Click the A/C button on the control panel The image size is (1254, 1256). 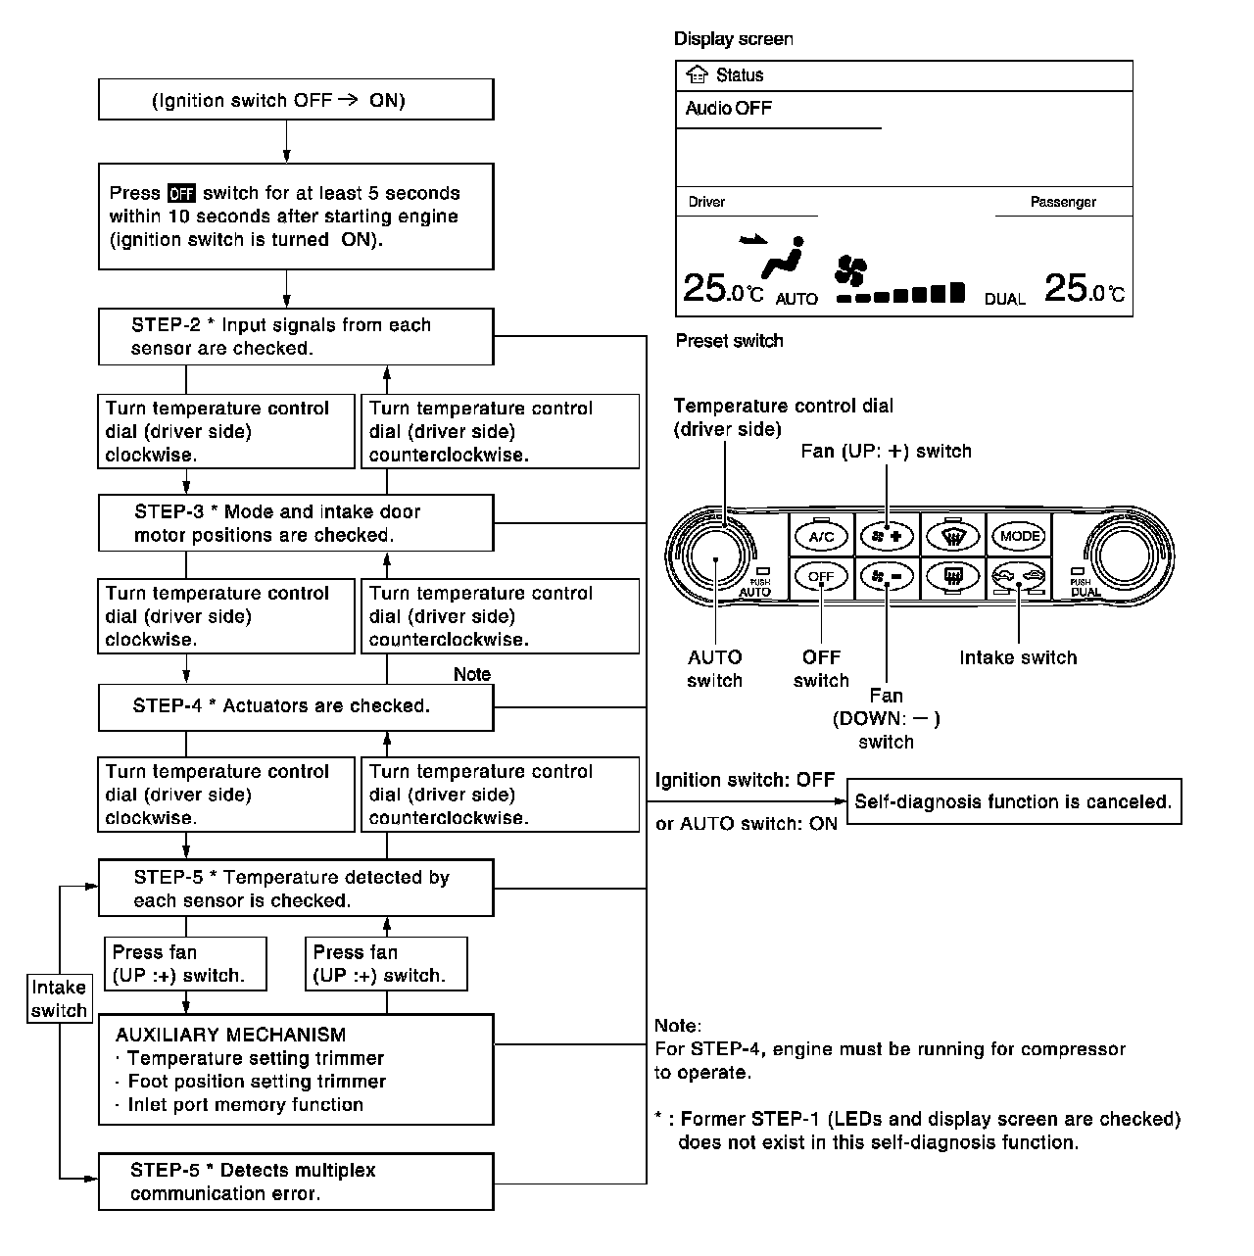pos(821,536)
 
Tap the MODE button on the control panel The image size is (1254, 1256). pos(1019,536)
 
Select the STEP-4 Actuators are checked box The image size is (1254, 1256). pos(296,706)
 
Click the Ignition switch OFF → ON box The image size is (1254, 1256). pos(296,100)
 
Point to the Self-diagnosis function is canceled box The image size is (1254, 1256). pos(1013,801)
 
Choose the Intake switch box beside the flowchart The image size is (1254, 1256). pos(59,998)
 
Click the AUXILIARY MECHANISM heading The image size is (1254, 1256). pos(230,1035)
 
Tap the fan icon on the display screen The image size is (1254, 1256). pos(850,269)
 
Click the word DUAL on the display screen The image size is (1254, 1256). pos(1004,299)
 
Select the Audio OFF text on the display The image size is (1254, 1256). pos(728,108)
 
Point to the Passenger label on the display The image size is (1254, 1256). pos(1063,202)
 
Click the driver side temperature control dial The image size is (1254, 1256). pos(716,556)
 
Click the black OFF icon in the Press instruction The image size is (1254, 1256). pos(181,193)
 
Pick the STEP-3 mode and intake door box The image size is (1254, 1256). pos(296,523)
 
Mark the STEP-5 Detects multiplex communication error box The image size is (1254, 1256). pos(296,1182)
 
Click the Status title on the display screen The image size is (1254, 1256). pos(739,75)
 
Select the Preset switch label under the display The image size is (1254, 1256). pos(729,341)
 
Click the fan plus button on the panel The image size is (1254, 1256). pos(886,536)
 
